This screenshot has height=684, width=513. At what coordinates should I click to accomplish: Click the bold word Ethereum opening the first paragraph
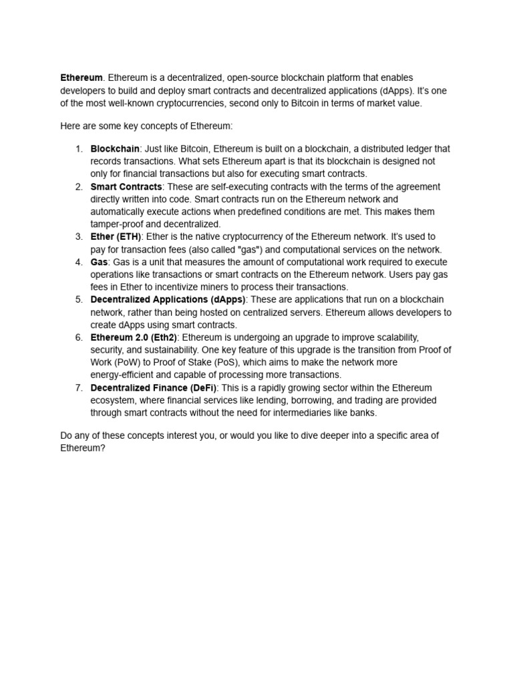tap(81, 78)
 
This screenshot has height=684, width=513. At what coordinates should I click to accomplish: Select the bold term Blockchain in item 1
tap(115, 149)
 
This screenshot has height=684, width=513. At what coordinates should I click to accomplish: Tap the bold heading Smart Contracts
tap(126, 187)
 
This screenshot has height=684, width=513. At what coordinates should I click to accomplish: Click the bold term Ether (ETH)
tap(116, 237)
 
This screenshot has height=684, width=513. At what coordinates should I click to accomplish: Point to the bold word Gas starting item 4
tap(99, 263)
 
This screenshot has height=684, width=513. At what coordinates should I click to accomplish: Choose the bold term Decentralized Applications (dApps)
tap(168, 300)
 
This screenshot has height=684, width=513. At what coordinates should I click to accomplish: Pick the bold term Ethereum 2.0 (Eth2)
tap(134, 338)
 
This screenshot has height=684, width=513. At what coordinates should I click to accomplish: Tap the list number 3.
tap(78, 237)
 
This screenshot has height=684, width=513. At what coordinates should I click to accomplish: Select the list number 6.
tap(78, 338)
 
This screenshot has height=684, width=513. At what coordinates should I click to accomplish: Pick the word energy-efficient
tap(124, 375)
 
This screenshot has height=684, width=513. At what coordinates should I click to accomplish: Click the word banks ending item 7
tap(363, 413)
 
